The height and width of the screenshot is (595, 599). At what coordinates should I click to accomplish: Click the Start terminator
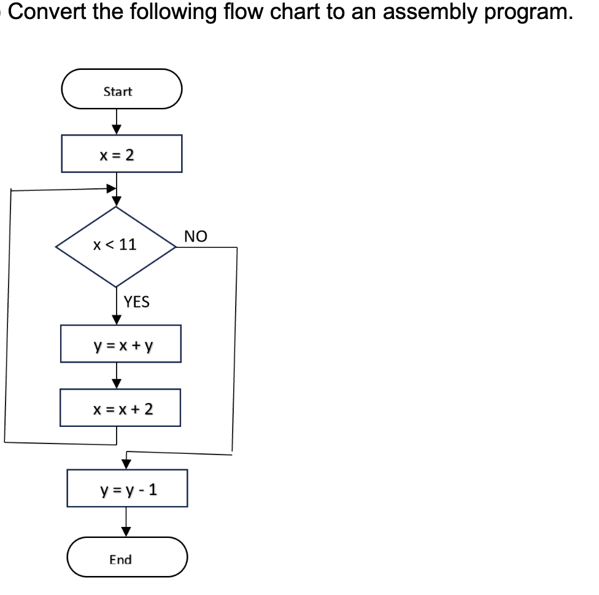(x=122, y=91)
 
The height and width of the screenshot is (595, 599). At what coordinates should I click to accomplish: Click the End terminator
(x=126, y=559)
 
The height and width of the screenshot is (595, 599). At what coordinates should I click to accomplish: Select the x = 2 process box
(x=122, y=154)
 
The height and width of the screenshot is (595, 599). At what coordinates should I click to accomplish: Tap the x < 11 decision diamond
(x=116, y=246)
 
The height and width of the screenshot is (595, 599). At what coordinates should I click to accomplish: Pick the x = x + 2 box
(x=120, y=408)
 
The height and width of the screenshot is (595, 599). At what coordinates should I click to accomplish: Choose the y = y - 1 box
(x=127, y=489)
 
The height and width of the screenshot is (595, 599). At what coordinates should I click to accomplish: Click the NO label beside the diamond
(x=196, y=236)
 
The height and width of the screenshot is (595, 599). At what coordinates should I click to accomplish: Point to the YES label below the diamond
(x=136, y=302)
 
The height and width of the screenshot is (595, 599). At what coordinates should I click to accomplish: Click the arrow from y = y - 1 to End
(x=126, y=521)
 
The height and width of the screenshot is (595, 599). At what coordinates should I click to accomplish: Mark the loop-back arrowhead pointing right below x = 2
(x=111, y=188)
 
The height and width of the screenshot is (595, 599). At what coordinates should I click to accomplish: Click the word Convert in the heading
(x=44, y=12)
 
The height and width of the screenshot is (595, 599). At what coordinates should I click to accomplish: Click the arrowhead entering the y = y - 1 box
(x=126, y=463)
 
